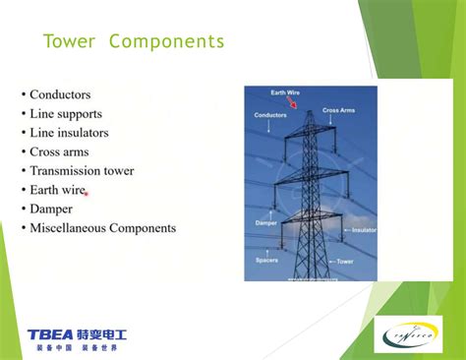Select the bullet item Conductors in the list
pos(60,94)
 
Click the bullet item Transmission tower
pos(82,171)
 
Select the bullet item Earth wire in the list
pos(58,190)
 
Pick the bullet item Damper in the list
pos(51,210)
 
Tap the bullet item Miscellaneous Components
pos(102,228)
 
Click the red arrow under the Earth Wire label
pos(302,102)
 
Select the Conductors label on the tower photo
pos(270,115)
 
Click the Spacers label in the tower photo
pos(266,261)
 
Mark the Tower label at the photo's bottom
pos(345,262)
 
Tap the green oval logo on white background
pos(412,335)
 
